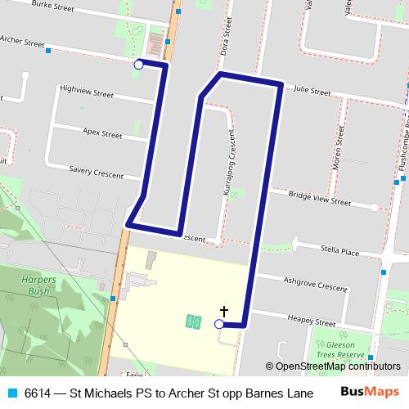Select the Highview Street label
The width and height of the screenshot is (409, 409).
(87, 93)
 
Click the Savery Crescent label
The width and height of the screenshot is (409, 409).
(96, 173)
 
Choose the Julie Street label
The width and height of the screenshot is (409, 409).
(311, 92)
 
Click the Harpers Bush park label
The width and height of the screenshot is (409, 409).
(36, 285)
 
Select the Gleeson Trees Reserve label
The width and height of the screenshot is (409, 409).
(333, 351)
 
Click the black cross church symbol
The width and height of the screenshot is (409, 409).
(223, 311)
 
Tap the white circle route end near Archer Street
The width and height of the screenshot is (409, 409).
(138, 64)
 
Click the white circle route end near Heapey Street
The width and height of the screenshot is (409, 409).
(218, 325)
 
